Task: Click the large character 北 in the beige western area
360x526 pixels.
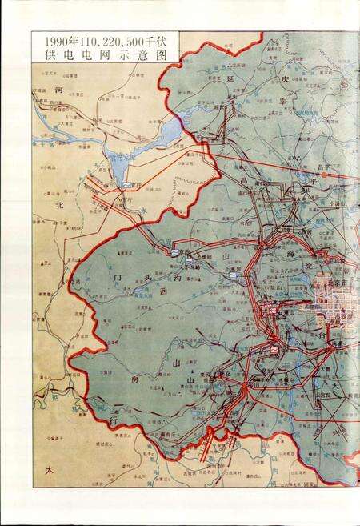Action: coord(58,205)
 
